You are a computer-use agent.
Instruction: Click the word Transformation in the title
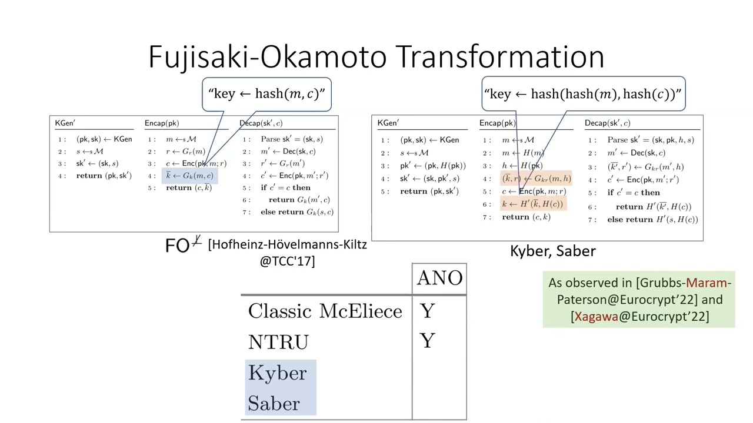(500, 57)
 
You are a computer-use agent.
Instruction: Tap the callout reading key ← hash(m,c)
(266, 94)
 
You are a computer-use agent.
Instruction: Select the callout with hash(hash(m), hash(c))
(583, 94)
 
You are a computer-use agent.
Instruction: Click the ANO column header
(439, 278)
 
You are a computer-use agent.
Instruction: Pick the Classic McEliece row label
(325, 311)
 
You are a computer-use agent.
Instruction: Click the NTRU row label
(278, 342)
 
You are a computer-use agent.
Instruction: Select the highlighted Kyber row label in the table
(278, 373)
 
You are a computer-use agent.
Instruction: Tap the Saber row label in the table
(274, 404)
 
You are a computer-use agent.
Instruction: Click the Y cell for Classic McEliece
(428, 311)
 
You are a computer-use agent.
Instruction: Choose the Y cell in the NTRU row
(428, 342)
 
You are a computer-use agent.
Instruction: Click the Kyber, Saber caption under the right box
(552, 251)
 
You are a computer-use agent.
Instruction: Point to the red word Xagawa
(596, 316)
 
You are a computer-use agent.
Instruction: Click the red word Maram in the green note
(706, 283)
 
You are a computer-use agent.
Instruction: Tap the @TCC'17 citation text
(287, 261)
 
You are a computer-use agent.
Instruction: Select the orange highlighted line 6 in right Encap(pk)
(533, 204)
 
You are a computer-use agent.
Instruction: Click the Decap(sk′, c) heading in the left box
(261, 123)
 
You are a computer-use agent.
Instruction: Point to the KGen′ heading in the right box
(388, 123)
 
